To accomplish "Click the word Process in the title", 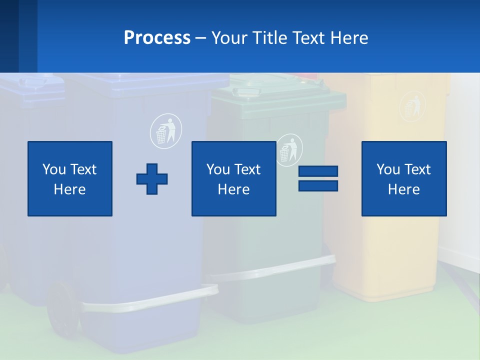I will pyautogui.click(x=157, y=38).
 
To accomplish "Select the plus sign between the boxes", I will pyautogui.click(x=152, y=179).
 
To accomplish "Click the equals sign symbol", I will pyautogui.click(x=318, y=178).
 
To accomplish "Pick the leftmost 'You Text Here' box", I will pyautogui.click(x=70, y=178).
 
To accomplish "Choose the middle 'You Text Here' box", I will pyautogui.click(x=233, y=178).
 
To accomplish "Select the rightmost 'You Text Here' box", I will pyautogui.click(x=403, y=178).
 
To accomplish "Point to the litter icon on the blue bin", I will pyautogui.click(x=166, y=130).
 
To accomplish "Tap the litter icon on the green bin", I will pyautogui.click(x=289, y=148).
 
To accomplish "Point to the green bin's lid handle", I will pyautogui.click(x=246, y=91).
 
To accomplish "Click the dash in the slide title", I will pyautogui.click(x=200, y=38).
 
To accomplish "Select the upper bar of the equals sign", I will pyautogui.click(x=318, y=171).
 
